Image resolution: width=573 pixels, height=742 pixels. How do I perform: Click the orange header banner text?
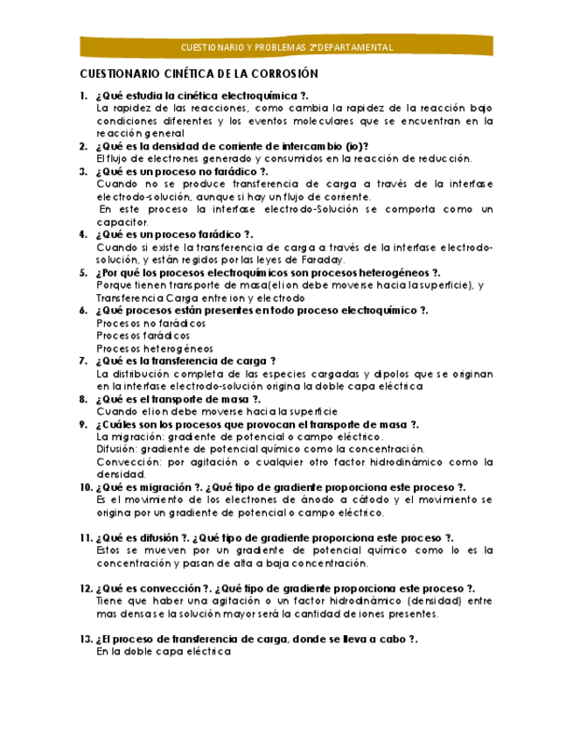click(286, 47)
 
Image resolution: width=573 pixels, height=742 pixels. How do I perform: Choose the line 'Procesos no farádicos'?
click(139, 323)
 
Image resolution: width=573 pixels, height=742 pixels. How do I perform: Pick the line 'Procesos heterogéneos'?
click(142, 348)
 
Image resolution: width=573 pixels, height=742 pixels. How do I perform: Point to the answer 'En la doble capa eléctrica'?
click(164, 652)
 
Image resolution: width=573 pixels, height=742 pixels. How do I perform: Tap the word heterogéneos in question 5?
click(389, 273)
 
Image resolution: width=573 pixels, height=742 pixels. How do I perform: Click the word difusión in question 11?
click(155, 537)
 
